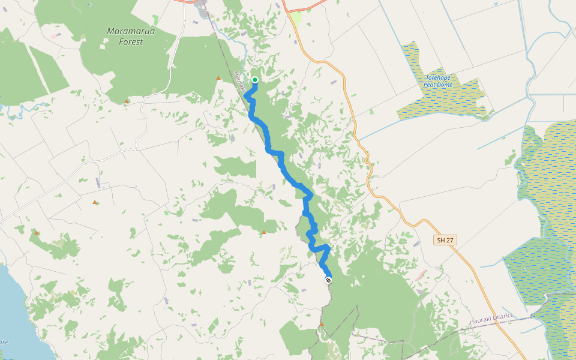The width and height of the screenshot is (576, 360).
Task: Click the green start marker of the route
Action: click(x=255, y=80)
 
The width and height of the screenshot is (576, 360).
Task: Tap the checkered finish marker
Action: click(x=328, y=280)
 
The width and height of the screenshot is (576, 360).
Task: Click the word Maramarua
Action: click(x=131, y=31)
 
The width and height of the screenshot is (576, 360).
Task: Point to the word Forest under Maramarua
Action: click(x=131, y=42)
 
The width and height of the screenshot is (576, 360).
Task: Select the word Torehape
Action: click(x=438, y=78)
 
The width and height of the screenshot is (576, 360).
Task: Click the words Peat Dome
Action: click(x=438, y=85)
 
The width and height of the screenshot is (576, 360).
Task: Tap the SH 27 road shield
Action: click(x=445, y=240)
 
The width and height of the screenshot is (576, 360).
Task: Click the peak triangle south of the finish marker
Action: click(x=322, y=324)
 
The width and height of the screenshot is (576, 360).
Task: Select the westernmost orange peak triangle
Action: click(x=37, y=232)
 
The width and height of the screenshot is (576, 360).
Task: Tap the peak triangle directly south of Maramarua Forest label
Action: click(x=127, y=101)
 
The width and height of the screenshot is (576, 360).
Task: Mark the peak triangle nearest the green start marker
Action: click(x=218, y=78)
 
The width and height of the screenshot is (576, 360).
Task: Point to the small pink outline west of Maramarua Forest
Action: click(x=55, y=36)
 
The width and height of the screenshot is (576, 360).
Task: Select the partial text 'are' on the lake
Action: click(x=4, y=341)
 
